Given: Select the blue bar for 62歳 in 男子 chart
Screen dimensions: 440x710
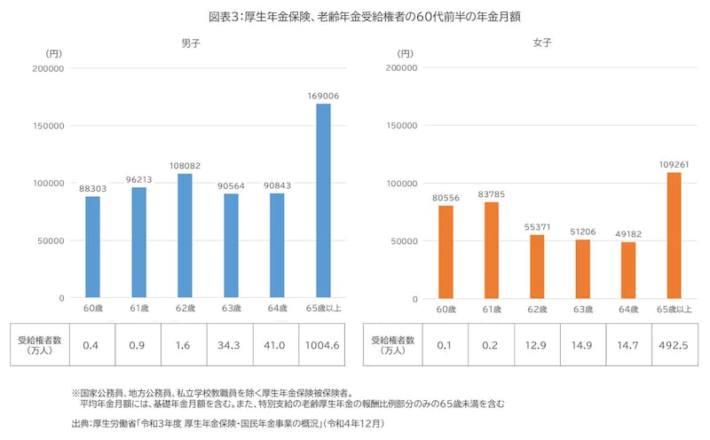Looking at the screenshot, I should coord(185,235).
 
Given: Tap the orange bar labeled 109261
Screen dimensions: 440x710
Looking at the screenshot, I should coord(675,235).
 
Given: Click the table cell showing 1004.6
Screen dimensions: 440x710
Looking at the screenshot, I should coord(323,343).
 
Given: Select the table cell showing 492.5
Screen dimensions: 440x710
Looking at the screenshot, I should coord(675,343).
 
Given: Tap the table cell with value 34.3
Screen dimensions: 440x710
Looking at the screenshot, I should coord(231,343).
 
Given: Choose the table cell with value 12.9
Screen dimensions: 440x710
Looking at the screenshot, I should coord(538,343).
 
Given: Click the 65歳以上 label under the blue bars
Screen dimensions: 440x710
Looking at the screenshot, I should coord(323,308).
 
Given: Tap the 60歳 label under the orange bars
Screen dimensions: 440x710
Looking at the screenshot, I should coord(445,308).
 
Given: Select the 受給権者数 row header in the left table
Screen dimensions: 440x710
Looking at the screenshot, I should coord(40,344).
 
